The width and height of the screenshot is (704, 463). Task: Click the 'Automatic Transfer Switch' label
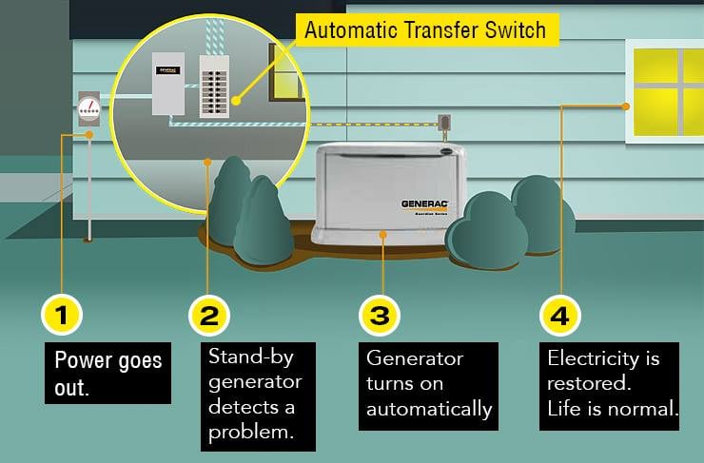coord(424,29)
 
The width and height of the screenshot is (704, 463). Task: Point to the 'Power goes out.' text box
coord(108,374)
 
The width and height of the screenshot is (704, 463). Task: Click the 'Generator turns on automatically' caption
coord(429,383)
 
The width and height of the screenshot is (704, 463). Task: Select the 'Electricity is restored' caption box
coord(613,383)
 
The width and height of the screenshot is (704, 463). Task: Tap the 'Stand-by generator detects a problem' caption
coord(254,394)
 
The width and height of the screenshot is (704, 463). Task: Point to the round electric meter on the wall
coord(88,107)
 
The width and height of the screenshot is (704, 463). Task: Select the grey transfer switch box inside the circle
coord(167,84)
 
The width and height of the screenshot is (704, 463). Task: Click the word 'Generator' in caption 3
coord(415,359)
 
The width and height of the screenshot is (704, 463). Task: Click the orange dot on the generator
coord(382,232)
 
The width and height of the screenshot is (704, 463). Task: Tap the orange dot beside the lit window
coord(626,106)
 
